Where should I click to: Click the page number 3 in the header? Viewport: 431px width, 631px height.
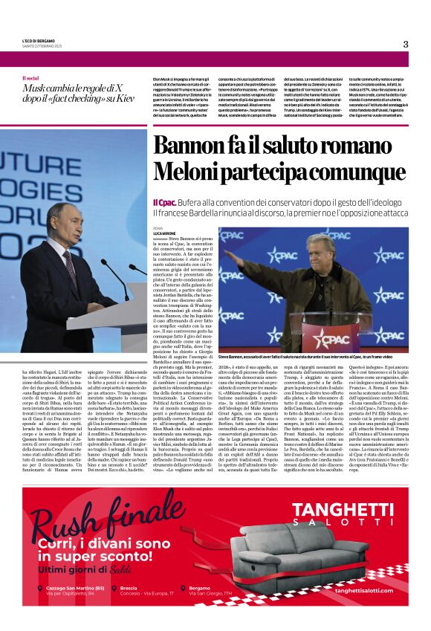click(406, 44)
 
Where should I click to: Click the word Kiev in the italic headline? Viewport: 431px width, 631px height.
click(122, 99)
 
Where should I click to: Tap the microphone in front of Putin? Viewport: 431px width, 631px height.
click(118, 275)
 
